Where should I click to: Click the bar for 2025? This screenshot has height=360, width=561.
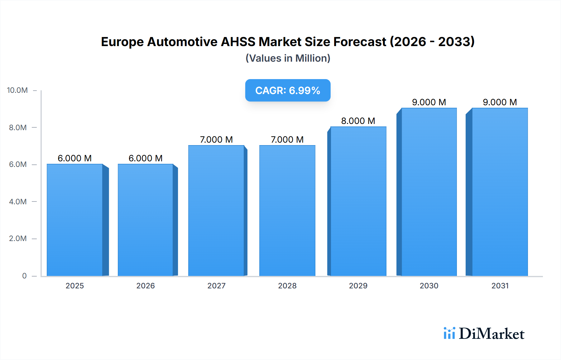pos(75,220)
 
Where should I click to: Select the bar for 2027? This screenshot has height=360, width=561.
pos(216,210)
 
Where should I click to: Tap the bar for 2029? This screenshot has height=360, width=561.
pos(358,201)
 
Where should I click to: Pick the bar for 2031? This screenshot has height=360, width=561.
pos(500,192)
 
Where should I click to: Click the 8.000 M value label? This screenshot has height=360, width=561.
pos(358,121)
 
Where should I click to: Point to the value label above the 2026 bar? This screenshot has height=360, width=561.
pos(146,158)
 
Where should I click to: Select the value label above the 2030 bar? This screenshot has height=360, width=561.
pos(429,102)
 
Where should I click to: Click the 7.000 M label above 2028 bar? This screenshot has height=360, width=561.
pos(287,140)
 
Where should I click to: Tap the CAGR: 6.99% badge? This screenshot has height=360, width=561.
pos(288,90)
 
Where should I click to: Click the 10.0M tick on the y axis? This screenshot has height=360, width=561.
pos(17,90)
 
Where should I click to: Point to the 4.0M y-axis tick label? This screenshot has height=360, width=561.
pos(18,201)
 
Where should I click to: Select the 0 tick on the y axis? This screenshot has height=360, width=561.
pos(24,276)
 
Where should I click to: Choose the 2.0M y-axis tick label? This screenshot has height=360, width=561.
pos(18,239)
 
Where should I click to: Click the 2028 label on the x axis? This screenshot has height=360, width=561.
pos(287,286)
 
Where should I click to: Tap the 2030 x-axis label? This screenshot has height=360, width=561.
pos(429,286)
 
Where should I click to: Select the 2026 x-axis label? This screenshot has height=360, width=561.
pos(146,286)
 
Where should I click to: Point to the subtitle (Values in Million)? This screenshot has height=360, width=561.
pos(288,58)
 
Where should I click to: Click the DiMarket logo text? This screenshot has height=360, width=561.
pos(491,334)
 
